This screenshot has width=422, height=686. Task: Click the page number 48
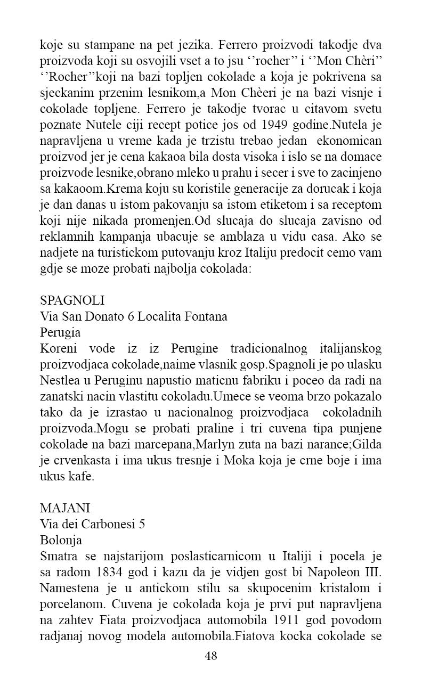(211, 656)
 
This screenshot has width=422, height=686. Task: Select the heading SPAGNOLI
(72, 300)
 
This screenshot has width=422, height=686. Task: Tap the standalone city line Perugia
(60, 333)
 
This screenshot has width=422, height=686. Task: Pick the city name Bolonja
(61, 541)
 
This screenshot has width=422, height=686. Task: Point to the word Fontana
(206, 316)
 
